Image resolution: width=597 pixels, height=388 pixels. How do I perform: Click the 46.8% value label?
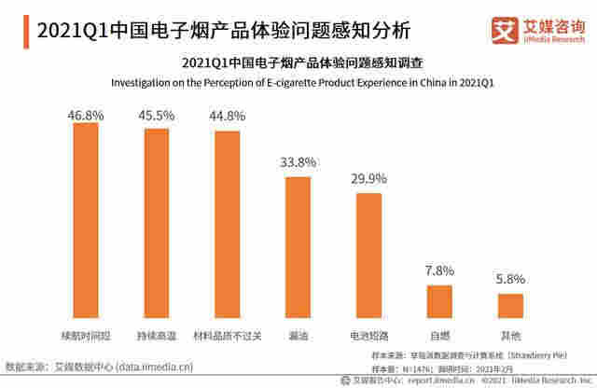point(86,114)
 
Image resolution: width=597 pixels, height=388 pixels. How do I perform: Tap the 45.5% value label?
point(157,117)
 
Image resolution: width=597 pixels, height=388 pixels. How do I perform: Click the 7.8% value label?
point(439,271)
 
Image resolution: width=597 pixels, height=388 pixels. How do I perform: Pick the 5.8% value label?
point(510,280)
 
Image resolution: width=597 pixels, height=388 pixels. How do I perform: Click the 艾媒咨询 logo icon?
point(505,29)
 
